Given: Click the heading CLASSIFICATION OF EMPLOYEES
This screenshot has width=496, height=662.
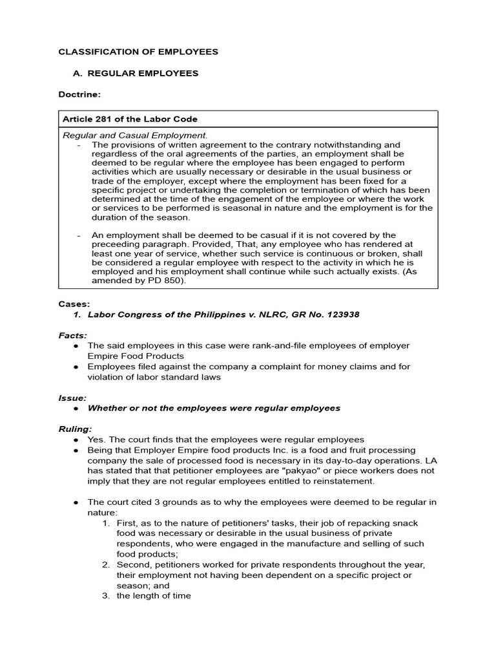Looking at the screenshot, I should (x=138, y=52).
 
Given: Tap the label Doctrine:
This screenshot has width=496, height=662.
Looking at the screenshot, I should (x=79, y=94).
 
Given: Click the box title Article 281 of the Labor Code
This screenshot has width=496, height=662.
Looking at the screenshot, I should (x=130, y=119).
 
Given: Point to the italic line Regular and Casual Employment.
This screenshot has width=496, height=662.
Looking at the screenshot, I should (x=135, y=135).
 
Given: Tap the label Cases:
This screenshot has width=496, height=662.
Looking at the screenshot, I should (x=74, y=304).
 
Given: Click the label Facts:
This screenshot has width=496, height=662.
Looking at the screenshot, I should (x=73, y=336).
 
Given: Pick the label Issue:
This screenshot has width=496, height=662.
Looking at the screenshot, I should (x=73, y=398).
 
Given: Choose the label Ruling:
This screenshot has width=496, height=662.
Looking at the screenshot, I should (x=76, y=429).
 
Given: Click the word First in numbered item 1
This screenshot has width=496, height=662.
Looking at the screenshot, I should (x=127, y=523).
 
